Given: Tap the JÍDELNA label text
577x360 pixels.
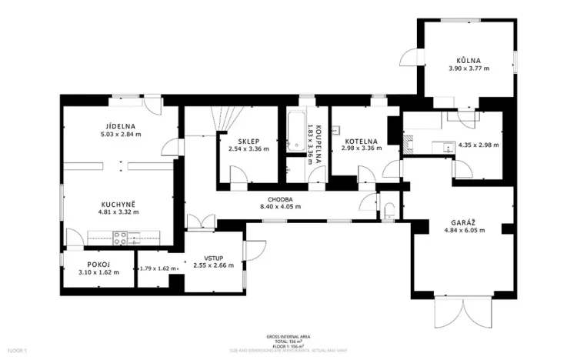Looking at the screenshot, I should click(121, 126).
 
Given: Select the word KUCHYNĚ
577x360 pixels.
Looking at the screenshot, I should click(117, 203).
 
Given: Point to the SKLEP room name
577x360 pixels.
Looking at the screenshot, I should click(248, 141).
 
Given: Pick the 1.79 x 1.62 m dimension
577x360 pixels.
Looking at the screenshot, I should click(158, 269).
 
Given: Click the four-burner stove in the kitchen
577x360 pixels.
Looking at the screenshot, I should click(121, 238).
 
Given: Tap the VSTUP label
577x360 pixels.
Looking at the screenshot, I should click(213, 258).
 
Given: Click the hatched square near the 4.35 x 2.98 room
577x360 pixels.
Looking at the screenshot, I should click(408, 142).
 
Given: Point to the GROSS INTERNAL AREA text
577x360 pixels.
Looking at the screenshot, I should click(288, 336).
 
